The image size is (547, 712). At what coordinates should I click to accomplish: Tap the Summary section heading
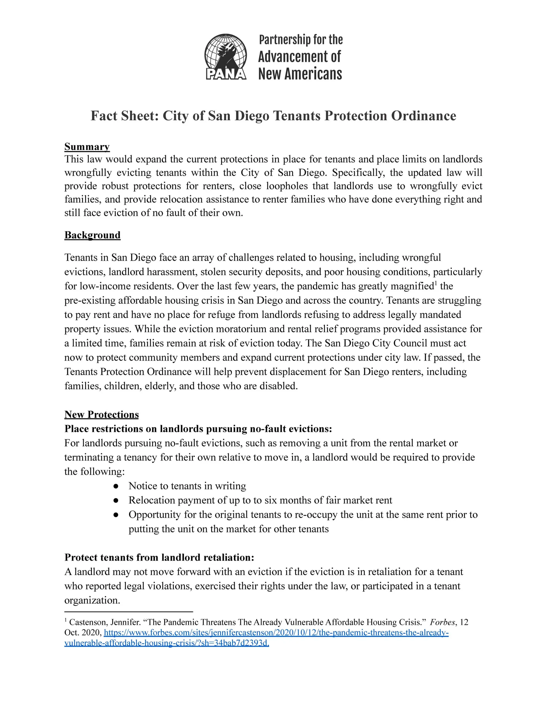87,147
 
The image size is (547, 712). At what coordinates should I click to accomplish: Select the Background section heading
92,235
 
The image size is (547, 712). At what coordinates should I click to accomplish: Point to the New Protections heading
101,414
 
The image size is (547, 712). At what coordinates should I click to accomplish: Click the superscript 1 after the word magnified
436,283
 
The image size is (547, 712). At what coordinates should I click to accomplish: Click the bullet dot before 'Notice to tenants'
116,486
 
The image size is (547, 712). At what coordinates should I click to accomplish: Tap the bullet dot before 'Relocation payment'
116,500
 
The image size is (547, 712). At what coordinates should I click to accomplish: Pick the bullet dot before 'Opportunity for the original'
116,515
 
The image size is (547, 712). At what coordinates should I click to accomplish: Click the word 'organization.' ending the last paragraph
92,600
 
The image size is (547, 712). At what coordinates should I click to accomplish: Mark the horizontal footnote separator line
129,611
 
